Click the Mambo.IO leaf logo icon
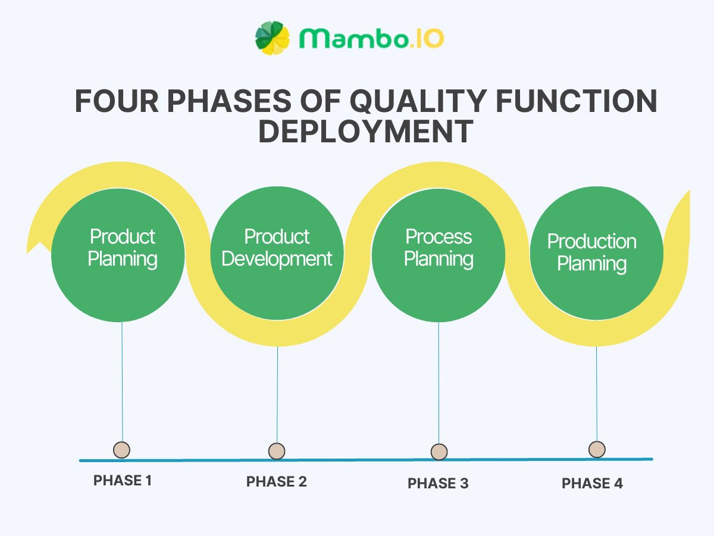pos(273,38)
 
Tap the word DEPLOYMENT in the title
pos(365,132)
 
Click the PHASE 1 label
pos(123,481)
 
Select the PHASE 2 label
pos(277,482)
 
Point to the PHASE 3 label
pos(438,484)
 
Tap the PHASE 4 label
pos(592,484)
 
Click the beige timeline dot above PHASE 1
pos(121,450)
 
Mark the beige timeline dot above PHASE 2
pos(277,451)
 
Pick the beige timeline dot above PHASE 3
pos(439,452)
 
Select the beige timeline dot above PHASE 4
pos(597,449)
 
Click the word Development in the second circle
pos(277,260)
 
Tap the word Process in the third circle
pos(439,237)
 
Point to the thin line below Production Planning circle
pos(597,387)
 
